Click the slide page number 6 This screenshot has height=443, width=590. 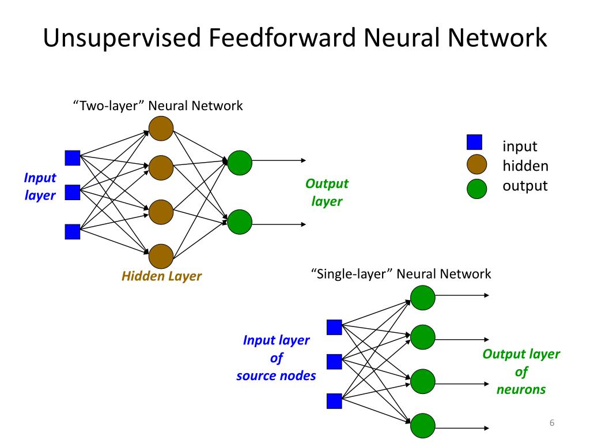(551, 424)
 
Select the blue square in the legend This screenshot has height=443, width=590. (474, 142)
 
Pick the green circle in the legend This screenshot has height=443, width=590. (476, 187)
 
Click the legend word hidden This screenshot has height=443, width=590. (525, 166)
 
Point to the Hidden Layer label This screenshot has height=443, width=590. (161, 276)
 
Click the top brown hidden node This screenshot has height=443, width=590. (161, 129)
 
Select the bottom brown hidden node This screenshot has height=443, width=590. (161, 256)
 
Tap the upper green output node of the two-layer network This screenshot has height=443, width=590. (240, 163)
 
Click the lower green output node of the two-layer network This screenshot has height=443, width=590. (240, 221)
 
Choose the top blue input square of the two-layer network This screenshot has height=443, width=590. (73, 157)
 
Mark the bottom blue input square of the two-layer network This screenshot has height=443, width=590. (73, 232)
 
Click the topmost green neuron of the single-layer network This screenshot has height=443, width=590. (422, 295)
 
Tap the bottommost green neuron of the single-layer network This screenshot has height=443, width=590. (422, 426)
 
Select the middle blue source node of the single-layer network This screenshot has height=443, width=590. (334, 362)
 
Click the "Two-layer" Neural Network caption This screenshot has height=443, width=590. (157, 106)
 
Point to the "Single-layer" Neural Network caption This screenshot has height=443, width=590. (401, 273)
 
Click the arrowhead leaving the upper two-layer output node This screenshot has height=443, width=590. (303, 161)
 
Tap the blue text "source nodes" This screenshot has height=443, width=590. (276, 376)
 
